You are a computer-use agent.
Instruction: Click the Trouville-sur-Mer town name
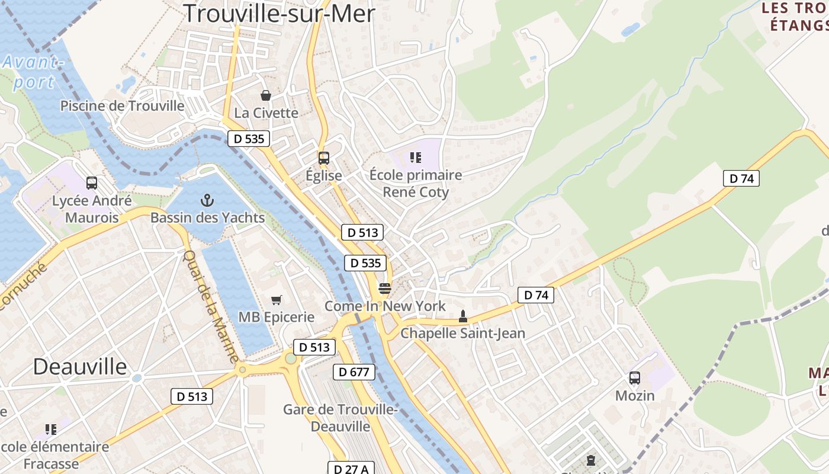(x=279, y=13)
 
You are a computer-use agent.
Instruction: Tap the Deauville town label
(x=80, y=367)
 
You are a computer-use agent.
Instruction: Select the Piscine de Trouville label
(x=123, y=106)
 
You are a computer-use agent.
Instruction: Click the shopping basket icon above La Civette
(x=266, y=95)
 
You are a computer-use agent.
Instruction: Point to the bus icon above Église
(x=323, y=158)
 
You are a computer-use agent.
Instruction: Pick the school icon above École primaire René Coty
(x=415, y=158)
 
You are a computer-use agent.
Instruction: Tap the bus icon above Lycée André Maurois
(x=91, y=183)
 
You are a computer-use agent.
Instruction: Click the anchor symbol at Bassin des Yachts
(x=207, y=200)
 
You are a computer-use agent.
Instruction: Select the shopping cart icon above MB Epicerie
(x=276, y=300)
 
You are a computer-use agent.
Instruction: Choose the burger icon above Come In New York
(x=384, y=289)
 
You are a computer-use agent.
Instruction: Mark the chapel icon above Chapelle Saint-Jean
(x=462, y=316)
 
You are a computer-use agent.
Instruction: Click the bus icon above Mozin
(x=635, y=378)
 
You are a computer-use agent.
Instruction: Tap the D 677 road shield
(x=354, y=372)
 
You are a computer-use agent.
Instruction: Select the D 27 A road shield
(x=350, y=469)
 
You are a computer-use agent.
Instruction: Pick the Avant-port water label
(x=32, y=72)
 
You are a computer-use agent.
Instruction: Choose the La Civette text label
(x=266, y=113)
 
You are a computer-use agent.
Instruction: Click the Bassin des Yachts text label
(x=207, y=217)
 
